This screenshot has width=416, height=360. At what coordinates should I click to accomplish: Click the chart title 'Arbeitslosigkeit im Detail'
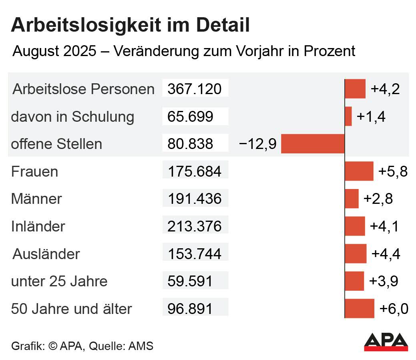pyautogui.click(x=131, y=26)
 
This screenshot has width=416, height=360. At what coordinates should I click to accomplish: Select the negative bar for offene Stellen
pyautogui.click(x=313, y=144)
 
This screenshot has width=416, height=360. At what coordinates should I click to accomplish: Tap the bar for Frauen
pyautogui.click(x=359, y=171)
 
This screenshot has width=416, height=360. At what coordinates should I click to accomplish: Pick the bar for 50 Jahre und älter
pyautogui.click(x=360, y=308)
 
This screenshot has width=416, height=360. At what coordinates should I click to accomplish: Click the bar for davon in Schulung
pyautogui.click(x=348, y=117)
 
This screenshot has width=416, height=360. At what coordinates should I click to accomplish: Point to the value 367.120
pyautogui.click(x=195, y=89)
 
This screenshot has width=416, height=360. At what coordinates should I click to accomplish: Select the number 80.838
pyautogui.click(x=191, y=144)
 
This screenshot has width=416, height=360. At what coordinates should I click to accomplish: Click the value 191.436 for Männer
pyautogui.click(x=195, y=199)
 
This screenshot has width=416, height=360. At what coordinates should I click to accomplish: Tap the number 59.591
pyautogui.click(x=190, y=281)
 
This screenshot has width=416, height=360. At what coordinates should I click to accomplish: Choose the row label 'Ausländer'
pyautogui.click(x=46, y=254)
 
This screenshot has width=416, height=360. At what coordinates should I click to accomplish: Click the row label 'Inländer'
pyautogui.click(x=38, y=226)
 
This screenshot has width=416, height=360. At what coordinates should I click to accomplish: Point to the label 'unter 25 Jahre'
pyautogui.click(x=59, y=281)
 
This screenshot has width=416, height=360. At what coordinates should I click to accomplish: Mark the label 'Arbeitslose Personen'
pyautogui.click(x=83, y=89)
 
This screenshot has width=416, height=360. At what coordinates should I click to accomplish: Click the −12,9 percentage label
pyautogui.click(x=257, y=144)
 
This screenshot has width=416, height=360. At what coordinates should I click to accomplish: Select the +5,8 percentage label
pyautogui.click(x=393, y=171)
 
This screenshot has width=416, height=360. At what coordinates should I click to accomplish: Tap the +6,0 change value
pyautogui.click(x=394, y=309)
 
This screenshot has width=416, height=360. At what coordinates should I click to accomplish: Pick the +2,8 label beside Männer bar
pyautogui.click(x=378, y=199)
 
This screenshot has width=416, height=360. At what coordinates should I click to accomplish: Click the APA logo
pyautogui.click(x=386, y=342)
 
